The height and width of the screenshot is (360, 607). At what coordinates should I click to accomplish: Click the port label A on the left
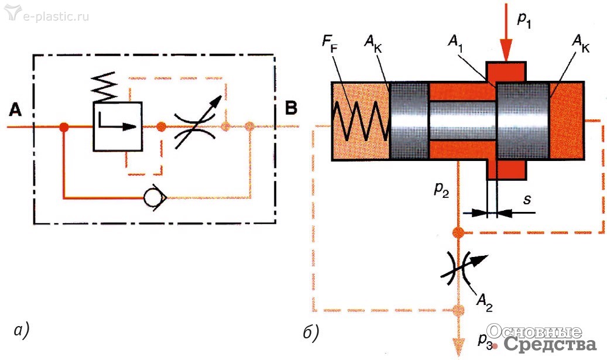[x=16, y=109]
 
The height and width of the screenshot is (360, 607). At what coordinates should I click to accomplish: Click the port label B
[x=291, y=108]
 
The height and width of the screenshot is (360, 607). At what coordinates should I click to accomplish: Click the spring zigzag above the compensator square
[x=106, y=87]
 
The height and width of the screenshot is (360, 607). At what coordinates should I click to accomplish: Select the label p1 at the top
[x=524, y=19]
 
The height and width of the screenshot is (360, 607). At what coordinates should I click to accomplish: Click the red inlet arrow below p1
[x=506, y=41]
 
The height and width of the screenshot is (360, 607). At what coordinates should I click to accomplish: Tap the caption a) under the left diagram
[x=20, y=331]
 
